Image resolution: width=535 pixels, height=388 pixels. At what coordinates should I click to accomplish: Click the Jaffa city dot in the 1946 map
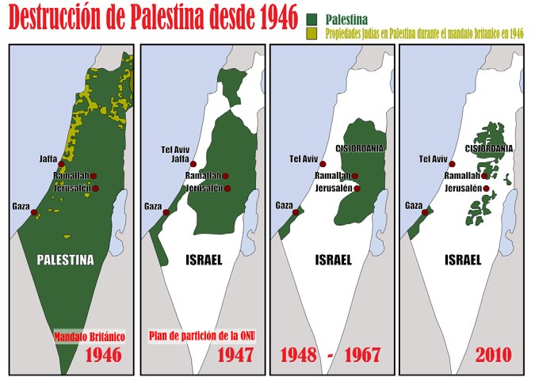[62, 164]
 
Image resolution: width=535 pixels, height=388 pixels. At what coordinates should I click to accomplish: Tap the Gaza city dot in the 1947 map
[166, 211]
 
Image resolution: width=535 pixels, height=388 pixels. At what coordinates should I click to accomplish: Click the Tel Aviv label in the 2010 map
[434, 159]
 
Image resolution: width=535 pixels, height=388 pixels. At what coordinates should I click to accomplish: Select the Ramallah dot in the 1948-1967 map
[355, 176]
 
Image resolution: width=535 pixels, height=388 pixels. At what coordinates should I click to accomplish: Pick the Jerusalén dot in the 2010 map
[486, 188]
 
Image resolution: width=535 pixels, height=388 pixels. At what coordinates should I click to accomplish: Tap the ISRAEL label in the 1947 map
[204, 259]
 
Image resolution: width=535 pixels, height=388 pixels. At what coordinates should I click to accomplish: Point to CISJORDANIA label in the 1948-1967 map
[361, 147]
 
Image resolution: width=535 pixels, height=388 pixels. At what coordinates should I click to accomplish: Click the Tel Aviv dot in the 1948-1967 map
[323, 164]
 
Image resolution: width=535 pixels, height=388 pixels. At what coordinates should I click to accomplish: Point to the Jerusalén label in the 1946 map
[71, 188]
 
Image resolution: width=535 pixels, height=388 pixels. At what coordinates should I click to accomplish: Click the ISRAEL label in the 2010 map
[463, 259]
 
